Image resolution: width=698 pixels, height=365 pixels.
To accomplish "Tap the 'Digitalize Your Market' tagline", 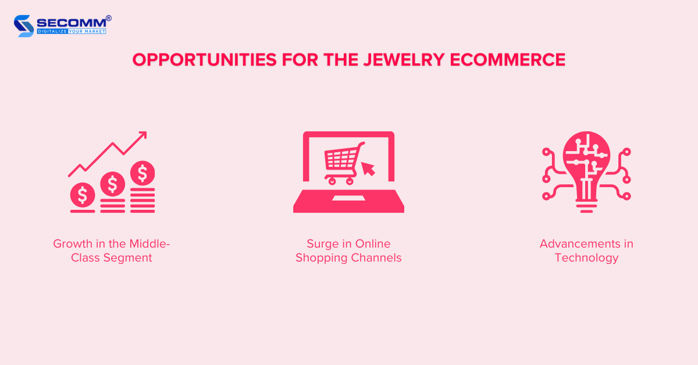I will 72,31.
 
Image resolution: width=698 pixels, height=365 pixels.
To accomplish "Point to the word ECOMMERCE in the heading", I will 518,60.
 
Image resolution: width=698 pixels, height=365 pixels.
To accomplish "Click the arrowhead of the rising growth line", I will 142,136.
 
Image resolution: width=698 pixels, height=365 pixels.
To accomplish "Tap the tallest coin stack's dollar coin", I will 143,173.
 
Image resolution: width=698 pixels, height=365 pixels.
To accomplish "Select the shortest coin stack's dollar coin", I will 83,195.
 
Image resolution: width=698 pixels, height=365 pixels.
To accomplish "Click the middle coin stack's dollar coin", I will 112,184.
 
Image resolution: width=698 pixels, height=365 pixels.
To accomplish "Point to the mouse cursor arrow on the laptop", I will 368,169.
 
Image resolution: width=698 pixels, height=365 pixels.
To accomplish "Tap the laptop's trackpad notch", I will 348,199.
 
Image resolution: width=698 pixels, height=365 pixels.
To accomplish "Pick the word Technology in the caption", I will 586,257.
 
